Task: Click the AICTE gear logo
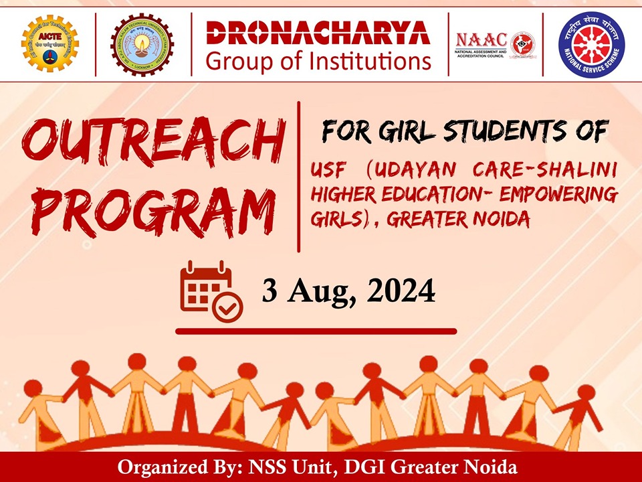click(49, 44)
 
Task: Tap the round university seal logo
click(142, 44)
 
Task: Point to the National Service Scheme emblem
click(591, 44)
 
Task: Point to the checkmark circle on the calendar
click(228, 309)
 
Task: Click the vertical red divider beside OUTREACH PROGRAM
click(298, 177)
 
